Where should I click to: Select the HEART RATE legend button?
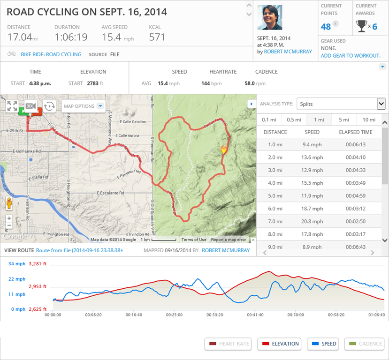tap(228, 344)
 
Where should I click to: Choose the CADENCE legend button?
tap(364, 344)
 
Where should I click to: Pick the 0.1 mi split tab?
tap(269, 120)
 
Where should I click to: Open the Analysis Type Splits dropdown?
tap(341, 104)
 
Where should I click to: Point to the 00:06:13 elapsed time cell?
tap(355, 144)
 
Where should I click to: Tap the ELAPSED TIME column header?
tap(355, 132)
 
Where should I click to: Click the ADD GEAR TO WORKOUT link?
tap(350, 56)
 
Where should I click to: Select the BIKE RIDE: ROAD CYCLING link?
tap(51, 54)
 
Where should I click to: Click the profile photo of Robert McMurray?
tap(270, 17)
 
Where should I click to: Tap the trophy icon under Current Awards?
tap(361, 26)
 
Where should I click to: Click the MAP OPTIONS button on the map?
tap(83, 106)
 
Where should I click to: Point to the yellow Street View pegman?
tap(8, 203)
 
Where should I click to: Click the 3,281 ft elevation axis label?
tap(38, 263)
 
